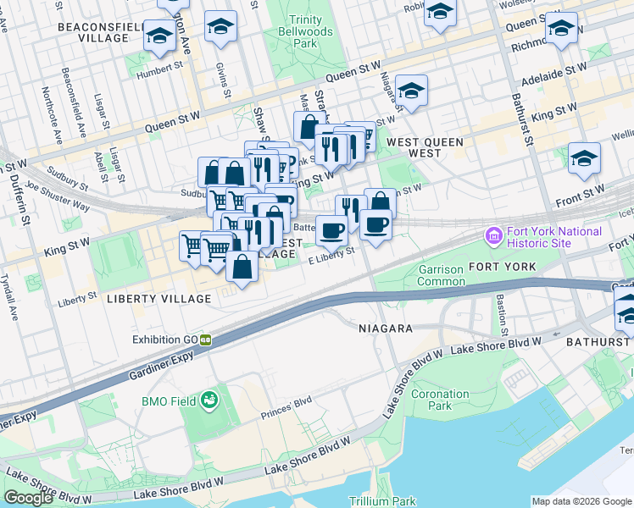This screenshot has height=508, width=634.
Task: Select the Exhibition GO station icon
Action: click(x=205, y=340)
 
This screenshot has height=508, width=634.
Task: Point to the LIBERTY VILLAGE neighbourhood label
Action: click(x=158, y=299)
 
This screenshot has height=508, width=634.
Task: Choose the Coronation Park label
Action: click(x=439, y=400)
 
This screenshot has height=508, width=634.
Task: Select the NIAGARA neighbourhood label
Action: click(x=385, y=328)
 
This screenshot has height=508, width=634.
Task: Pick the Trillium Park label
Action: click(x=387, y=501)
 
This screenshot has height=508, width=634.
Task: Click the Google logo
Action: click(x=28, y=498)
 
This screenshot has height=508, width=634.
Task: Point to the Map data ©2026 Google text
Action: click(x=581, y=501)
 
